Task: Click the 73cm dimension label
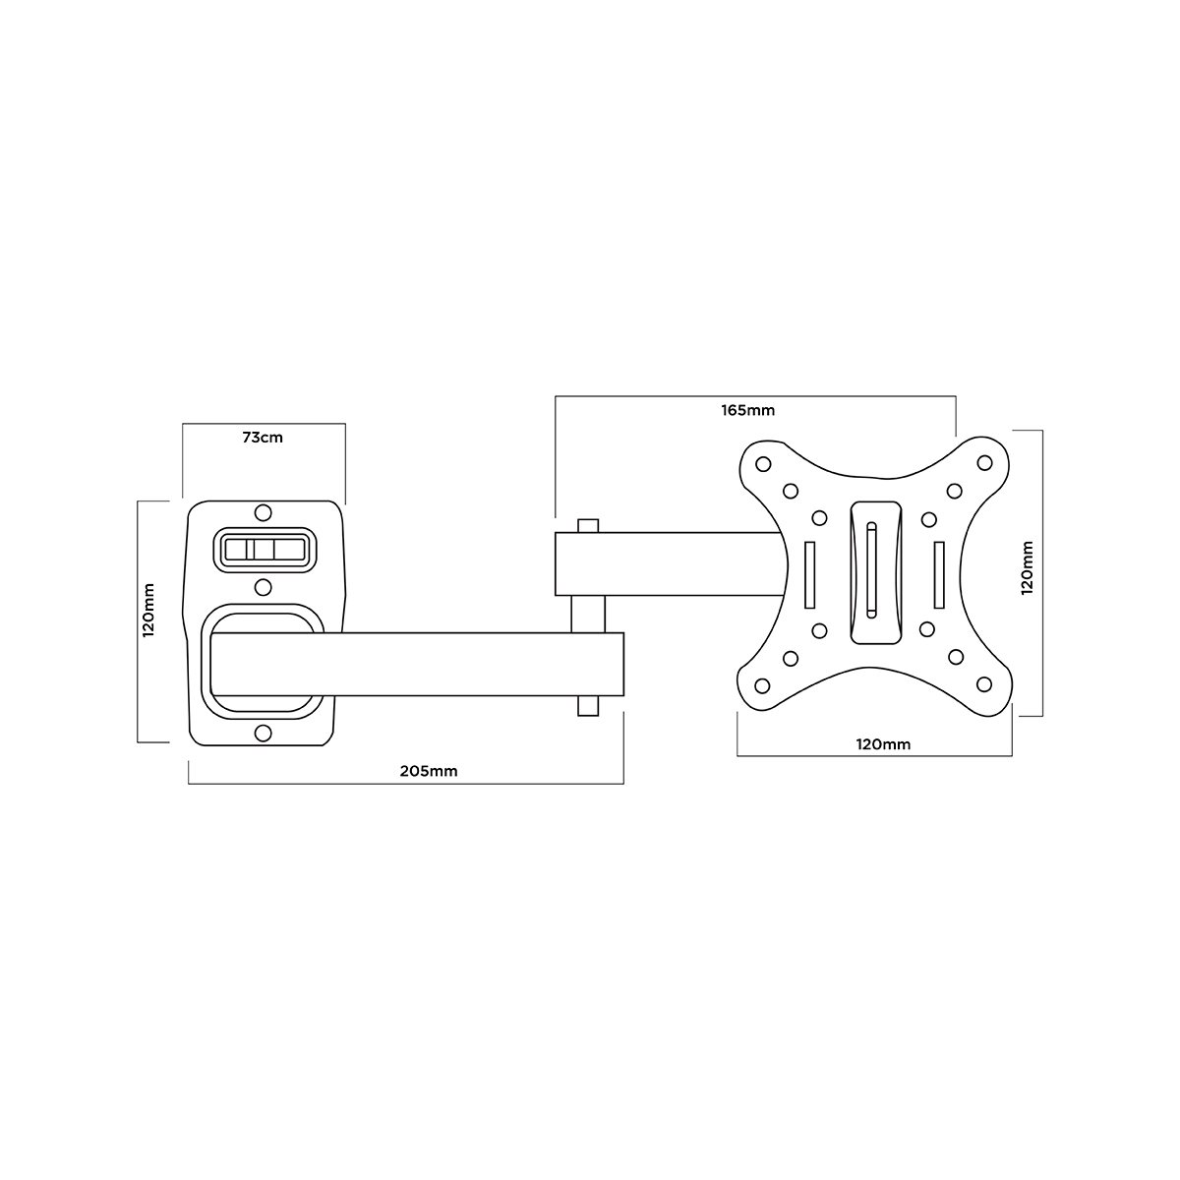pyautogui.click(x=263, y=438)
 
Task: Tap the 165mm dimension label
pyautogui.click(x=747, y=410)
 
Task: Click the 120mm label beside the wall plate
pyautogui.click(x=148, y=610)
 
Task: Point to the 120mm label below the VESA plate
pyautogui.click(x=883, y=744)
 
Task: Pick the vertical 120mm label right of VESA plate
pyautogui.click(x=1027, y=567)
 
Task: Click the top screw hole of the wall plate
pyautogui.click(x=263, y=512)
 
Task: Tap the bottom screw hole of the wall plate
pyautogui.click(x=263, y=733)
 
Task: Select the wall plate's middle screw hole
pyautogui.click(x=263, y=587)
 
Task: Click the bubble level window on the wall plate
pyautogui.click(x=265, y=550)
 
